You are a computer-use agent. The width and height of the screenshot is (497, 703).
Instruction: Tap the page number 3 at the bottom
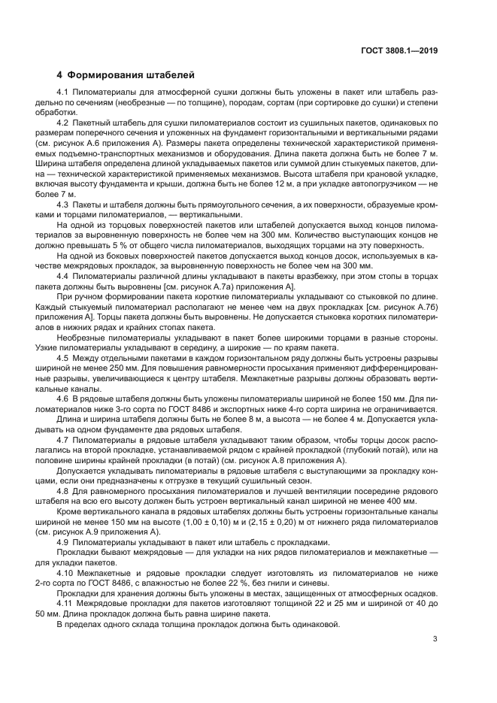(435, 640)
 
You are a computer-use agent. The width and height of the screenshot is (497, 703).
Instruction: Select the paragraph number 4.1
(63, 92)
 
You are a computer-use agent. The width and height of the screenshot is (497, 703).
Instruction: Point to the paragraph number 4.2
(63, 121)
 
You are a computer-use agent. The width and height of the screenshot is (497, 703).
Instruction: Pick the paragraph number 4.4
(63, 277)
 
